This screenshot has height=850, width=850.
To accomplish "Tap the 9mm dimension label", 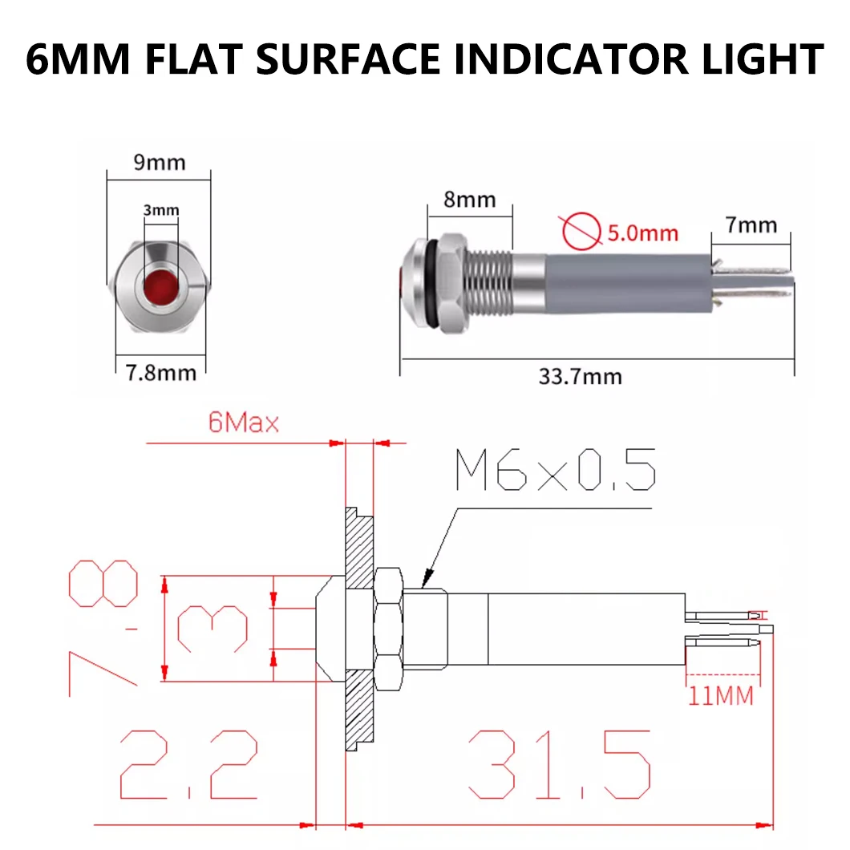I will pyautogui.click(x=159, y=163).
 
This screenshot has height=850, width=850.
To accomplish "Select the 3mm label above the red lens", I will pyautogui.click(x=160, y=211).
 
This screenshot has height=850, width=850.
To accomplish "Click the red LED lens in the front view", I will pyautogui.click(x=159, y=286).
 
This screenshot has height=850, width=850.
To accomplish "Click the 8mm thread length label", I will pyautogui.click(x=469, y=199).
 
